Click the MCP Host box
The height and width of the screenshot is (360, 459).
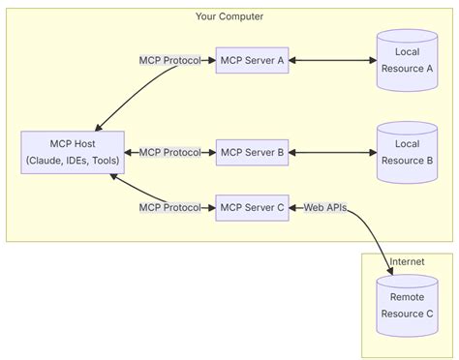pyautogui.click(x=73, y=152)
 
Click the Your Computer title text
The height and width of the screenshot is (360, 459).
pyautogui.click(x=229, y=16)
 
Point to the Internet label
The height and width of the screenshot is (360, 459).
pyautogui.click(x=407, y=262)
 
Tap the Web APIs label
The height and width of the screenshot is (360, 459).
pyautogui.click(x=324, y=207)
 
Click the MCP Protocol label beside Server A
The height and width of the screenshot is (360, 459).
pyautogui.click(x=169, y=60)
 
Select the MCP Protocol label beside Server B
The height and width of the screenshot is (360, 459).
pyautogui.click(x=169, y=152)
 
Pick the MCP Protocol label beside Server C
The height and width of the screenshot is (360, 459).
pyautogui.click(x=169, y=207)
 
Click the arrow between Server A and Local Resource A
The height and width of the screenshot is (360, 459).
pyautogui.click(x=332, y=60)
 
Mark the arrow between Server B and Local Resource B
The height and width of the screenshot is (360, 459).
pyautogui.click(x=332, y=152)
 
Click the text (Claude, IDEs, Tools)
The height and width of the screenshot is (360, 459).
pyautogui.click(x=73, y=161)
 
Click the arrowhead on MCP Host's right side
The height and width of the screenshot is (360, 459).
pyautogui.click(x=132, y=152)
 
